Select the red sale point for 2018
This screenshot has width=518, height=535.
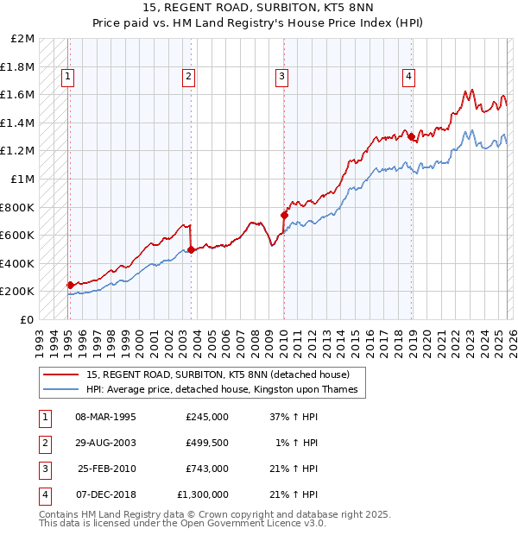pyautogui.click(x=411, y=136)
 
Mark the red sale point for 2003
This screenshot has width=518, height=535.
pyautogui.click(x=191, y=249)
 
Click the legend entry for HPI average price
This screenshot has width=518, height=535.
pyautogui.click(x=222, y=390)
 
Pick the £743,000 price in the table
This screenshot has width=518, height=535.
pyautogui.click(x=206, y=469)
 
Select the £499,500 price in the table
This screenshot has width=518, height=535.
pyautogui.click(x=206, y=443)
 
